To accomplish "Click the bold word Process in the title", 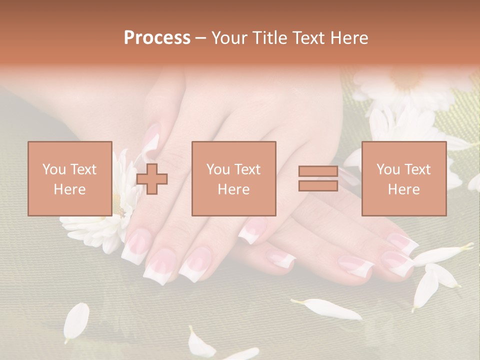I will [x=157, y=37].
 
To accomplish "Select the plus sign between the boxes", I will [x=152, y=179].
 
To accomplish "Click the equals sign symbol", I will [x=318, y=178].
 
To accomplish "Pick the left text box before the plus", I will [x=70, y=178].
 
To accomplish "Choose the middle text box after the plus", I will [x=234, y=178].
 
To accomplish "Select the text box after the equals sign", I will [x=403, y=178].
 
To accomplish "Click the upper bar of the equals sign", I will [x=318, y=171].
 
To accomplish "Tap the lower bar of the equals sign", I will [x=318, y=186].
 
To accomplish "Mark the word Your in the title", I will [x=230, y=37].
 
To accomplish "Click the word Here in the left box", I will [x=69, y=189].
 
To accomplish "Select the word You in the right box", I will [x=387, y=169].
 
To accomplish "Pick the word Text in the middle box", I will [x=247, y=169].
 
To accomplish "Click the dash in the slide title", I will [x=201, y=37].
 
